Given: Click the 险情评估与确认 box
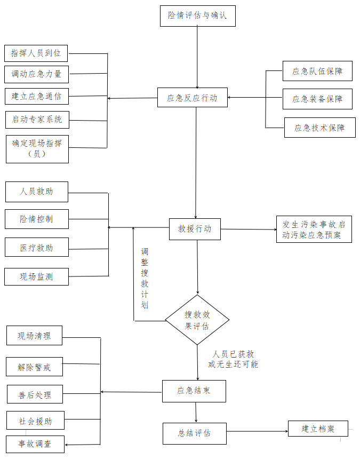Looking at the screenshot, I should click(197, 15).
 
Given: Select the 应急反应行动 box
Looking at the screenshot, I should click(192, 98).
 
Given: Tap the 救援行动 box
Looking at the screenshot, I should click(195, 229).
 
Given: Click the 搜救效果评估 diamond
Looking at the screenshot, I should click(197, 320).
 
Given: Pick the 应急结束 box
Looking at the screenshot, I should click(194, 391).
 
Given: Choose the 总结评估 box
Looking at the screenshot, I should click(194, 433).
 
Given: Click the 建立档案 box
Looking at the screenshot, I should click(318, 429).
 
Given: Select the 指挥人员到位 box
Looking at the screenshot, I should click(36, 53).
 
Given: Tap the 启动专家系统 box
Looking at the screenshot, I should click(37, 120).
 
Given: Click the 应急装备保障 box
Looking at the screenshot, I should click(317, 99).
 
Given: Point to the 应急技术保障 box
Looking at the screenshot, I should click(319, 128).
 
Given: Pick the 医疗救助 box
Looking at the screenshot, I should click(37, 248).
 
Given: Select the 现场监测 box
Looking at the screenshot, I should click(37, 276).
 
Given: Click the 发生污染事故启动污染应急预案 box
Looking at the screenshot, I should click(314, 230).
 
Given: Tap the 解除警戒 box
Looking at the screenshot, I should click(35, 367).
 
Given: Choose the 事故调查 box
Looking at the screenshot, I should click(35, 444).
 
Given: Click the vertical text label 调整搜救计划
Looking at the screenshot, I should click(145, 278).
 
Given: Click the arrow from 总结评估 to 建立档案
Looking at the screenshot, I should click(257, 431).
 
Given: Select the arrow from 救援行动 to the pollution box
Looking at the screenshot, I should click(249, 230).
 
